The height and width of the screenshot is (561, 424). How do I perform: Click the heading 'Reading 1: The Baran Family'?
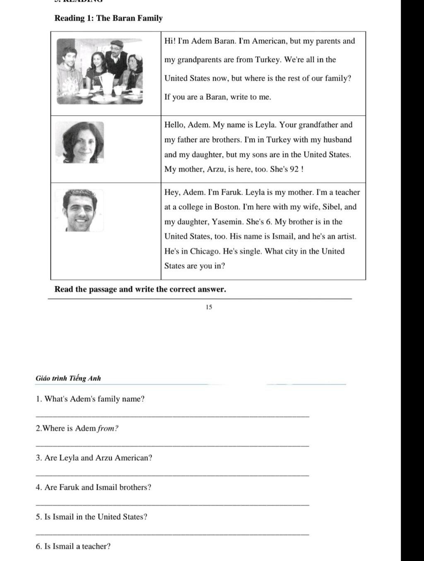(108, 18)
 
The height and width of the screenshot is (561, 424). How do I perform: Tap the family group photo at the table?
(99, 71)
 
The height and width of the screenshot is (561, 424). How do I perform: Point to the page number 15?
(209, 307)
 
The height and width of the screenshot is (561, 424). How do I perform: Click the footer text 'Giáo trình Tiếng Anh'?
(68, 378)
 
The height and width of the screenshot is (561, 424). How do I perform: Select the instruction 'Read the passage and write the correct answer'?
(140, 289)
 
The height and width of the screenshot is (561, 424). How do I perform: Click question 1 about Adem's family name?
(90, 399)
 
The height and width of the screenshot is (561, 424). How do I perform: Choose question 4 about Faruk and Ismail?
(94, 487)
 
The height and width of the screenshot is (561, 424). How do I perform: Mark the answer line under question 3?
(172, 475)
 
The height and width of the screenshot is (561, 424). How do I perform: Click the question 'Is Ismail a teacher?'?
(73, 546)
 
